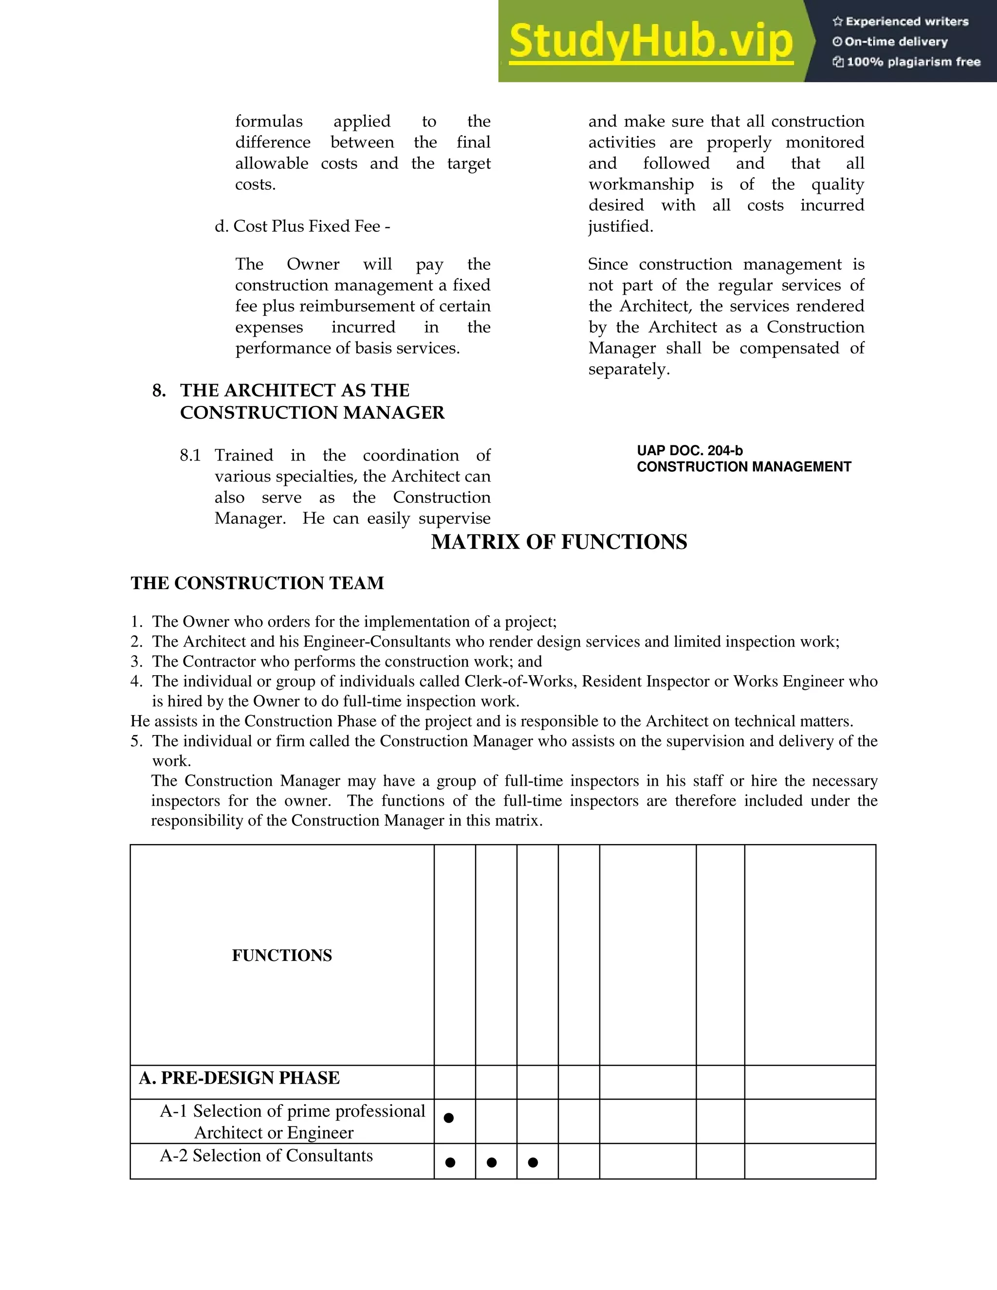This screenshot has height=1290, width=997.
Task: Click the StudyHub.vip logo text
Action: pos(650,41)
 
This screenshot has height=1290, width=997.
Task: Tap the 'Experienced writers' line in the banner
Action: pos(900,21)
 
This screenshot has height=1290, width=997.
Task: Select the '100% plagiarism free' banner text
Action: pos(906,61)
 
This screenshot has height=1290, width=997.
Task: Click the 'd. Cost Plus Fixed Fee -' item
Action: pos(302,226)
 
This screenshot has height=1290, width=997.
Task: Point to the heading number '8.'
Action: pos(159,390)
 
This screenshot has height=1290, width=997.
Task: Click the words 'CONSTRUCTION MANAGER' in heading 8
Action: pos(312,412)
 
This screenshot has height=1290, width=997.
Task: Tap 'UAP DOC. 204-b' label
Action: pos(689,451)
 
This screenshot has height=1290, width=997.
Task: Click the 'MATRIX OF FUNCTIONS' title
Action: pos(559,542)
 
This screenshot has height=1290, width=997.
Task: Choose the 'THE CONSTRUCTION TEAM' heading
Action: pos(257,583)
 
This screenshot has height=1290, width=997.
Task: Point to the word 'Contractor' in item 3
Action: pos(222,661)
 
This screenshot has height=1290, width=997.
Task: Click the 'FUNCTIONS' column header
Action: pos(282,955)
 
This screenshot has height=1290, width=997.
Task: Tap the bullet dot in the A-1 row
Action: pos(449,1118)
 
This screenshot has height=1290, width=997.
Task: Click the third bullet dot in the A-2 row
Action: pos(533,1162)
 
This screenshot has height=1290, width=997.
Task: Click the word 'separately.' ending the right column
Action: pos(628,369)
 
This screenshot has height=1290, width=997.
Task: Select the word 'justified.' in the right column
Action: pos(620,226)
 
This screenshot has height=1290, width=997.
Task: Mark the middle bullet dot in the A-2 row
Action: pos(491,1162)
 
